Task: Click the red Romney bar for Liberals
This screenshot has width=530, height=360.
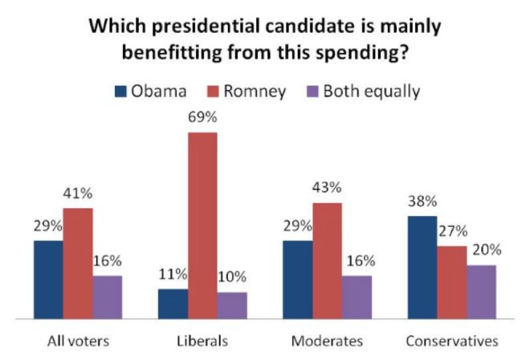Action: point(202,225)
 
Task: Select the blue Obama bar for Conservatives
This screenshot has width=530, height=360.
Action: point(422,267)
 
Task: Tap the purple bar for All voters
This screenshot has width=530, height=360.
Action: point(108,297)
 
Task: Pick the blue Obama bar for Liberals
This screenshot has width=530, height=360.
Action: point(173,303)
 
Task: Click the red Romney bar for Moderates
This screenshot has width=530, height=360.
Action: point(328,260)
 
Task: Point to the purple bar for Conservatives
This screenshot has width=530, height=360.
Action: point(481,291)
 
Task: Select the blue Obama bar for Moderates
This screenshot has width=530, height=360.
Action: point(297,279)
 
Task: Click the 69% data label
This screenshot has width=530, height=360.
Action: point(202,118)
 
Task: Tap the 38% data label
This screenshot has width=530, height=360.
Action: point(422,202)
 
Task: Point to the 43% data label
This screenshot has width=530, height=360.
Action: point(328,188)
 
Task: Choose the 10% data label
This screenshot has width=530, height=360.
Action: point(232,277)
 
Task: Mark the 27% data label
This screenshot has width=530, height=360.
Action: point(450,231)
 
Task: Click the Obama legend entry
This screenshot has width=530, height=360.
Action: point(149,91)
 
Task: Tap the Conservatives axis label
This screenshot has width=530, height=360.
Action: point(451,341)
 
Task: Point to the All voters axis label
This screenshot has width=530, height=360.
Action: point(78,341)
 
